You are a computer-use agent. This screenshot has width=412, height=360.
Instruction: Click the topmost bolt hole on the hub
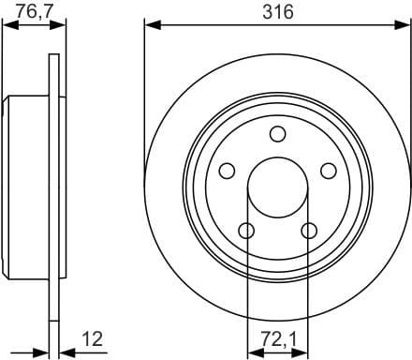[x=277, y=133]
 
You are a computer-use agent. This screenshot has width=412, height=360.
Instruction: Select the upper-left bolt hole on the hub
[x=227, y=171]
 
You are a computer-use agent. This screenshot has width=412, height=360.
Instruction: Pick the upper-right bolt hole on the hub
[x=329, y=171]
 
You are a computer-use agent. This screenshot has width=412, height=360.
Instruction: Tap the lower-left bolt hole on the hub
[x=246, y=231]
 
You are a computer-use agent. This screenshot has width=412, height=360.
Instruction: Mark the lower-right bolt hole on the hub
[x=309, y=231]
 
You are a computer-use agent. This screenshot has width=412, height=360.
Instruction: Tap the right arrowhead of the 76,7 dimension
[x=60, y=25]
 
